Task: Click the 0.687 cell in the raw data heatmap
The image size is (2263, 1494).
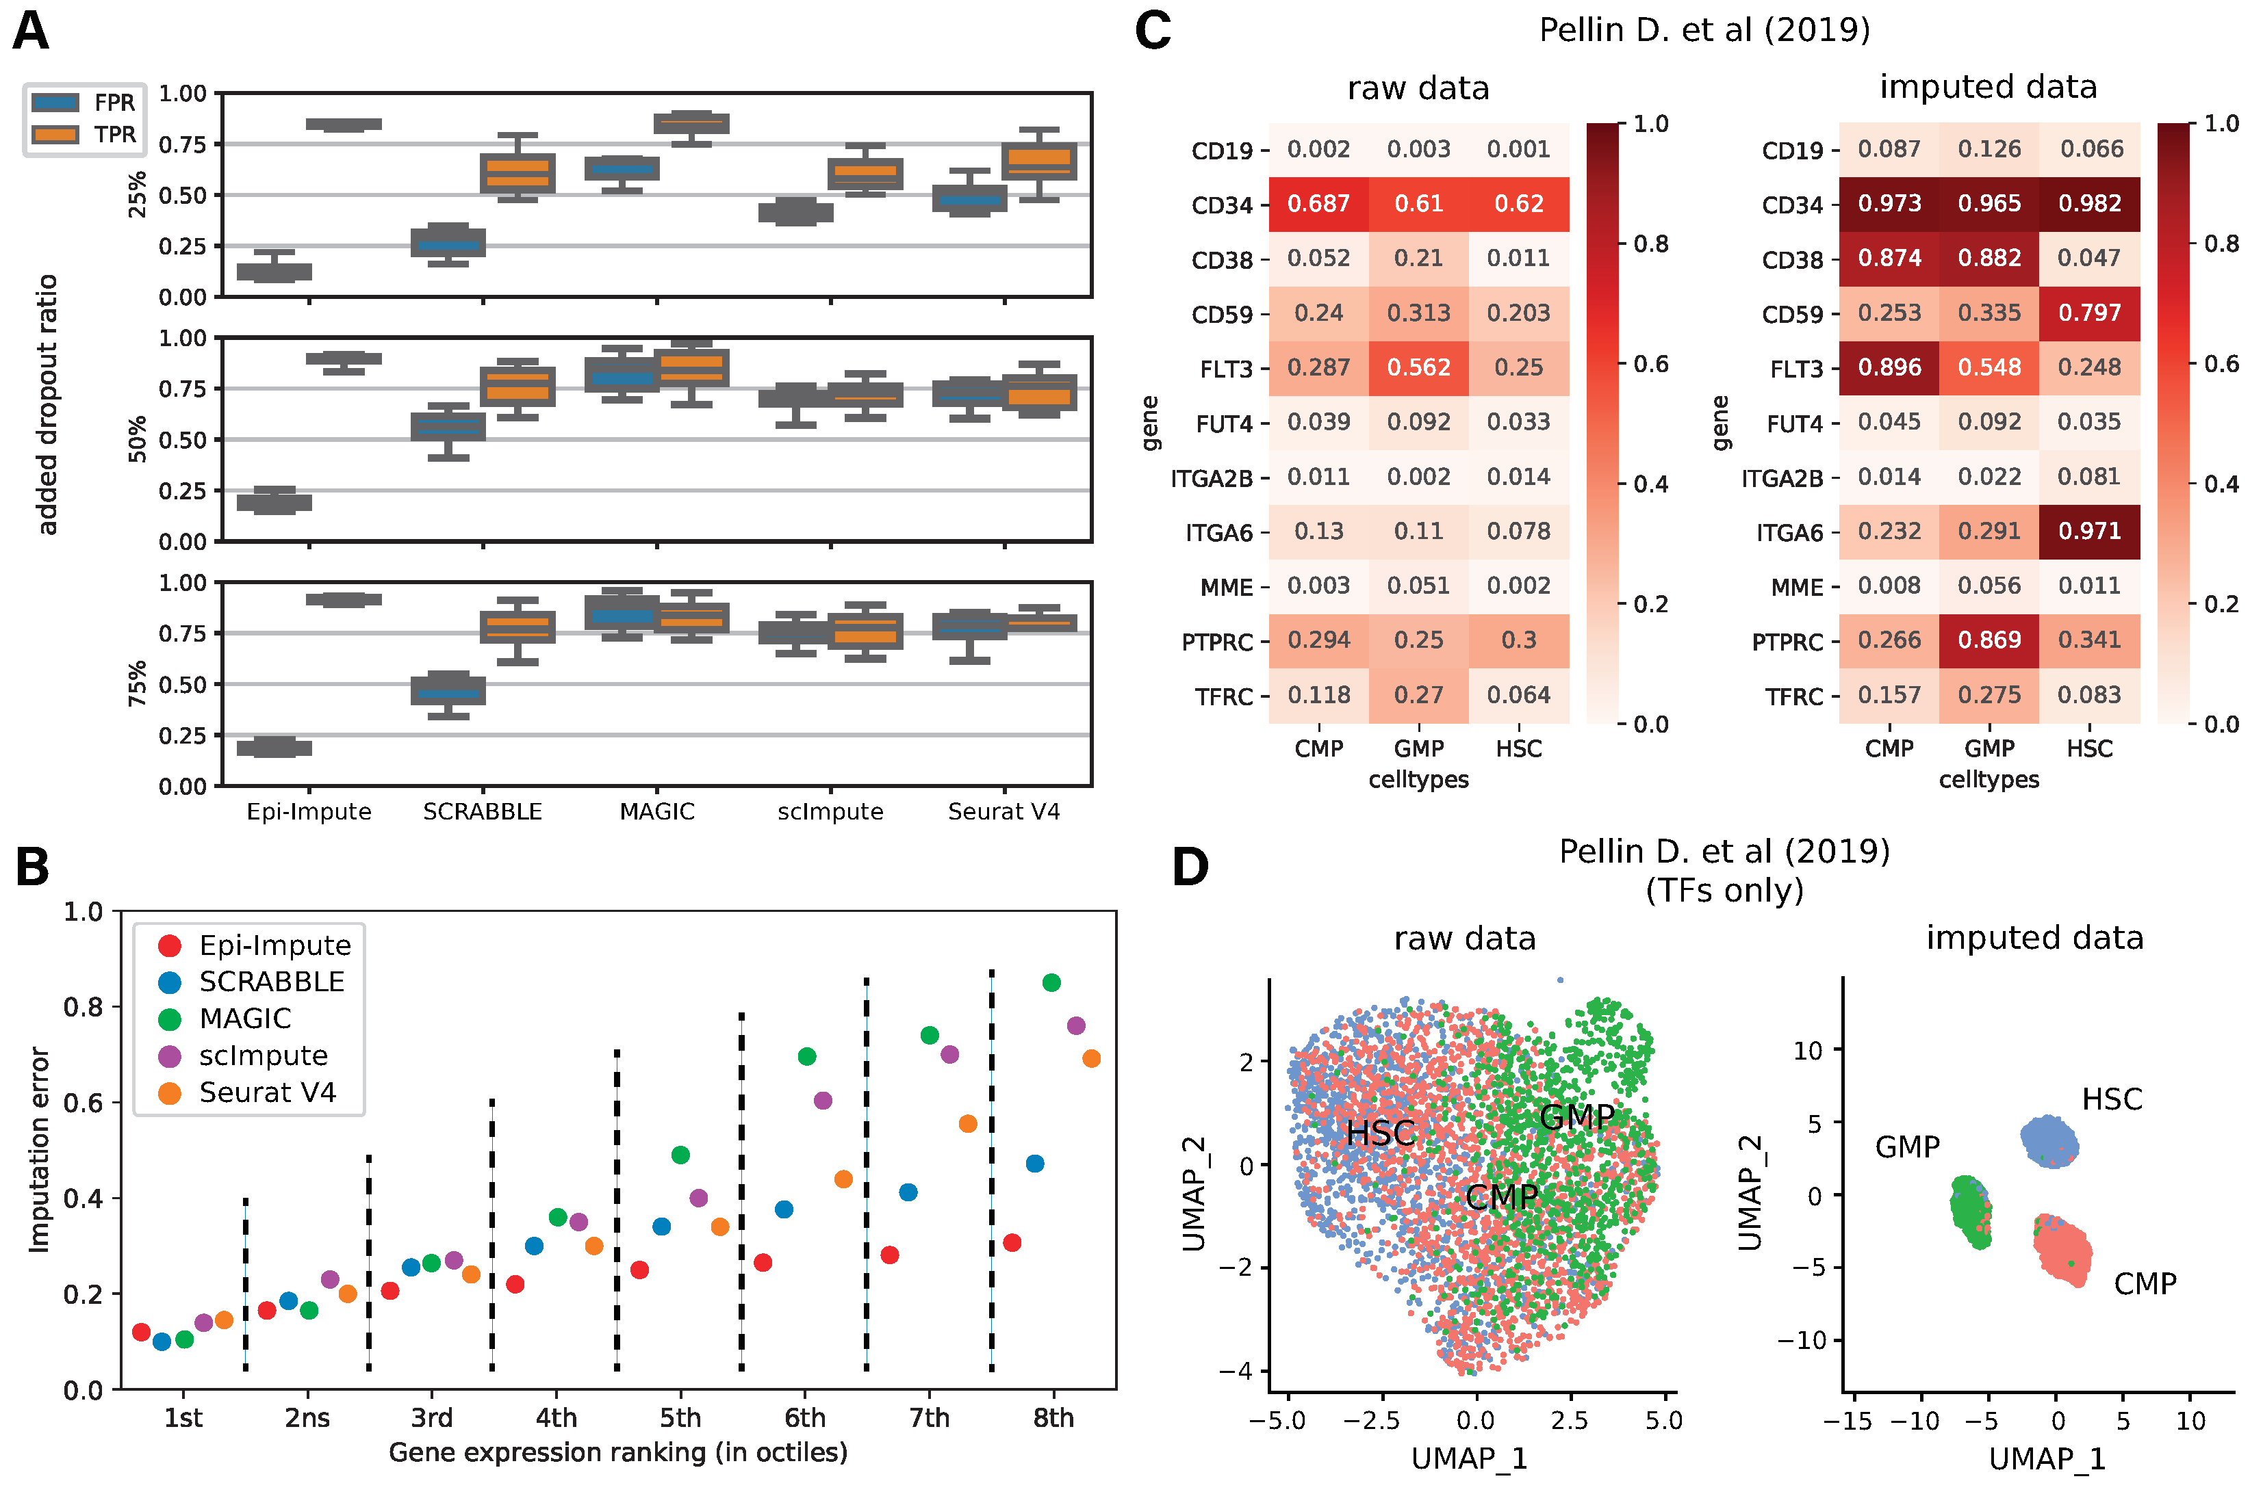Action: pyautogui.click(x=1318, y=204)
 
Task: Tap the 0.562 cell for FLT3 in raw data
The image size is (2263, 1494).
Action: pyautogui.click(x=1418, y=368)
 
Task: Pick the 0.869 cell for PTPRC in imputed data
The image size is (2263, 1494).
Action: pyautogui.click(x=1989, y=640)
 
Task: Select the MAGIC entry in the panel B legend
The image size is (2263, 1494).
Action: pyautogui.click(x=245, y=1019)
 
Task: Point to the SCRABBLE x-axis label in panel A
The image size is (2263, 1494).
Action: pyautogui.click(x=483, y=812)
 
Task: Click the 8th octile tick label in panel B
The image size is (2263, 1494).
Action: pyautogui.click(x=1053, y=1418)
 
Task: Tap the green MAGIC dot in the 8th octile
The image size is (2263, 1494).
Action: pyautogui.click(x=1051, y=982)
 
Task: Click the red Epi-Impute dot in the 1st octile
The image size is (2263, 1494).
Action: pyautogui.click(x=141, y=1332)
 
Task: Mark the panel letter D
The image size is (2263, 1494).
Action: pyautogui.click(x=1190, y=868)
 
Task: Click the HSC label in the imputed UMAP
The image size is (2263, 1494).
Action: pyautogui.click(x=2112, y=1099)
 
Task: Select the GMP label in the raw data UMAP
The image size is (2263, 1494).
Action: pyautogui.click(x=1576, y=1116)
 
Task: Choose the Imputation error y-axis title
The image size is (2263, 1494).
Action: pyautogui.click(x=39, y=1149)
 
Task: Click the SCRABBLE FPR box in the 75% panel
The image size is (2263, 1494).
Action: pyautogui.click(x=448, y=691)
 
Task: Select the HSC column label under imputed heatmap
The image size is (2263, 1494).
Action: pyautogui.click(x=2090, y=749)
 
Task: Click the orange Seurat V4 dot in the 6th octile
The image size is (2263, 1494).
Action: pyautogui.click(x=843, y=1179)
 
